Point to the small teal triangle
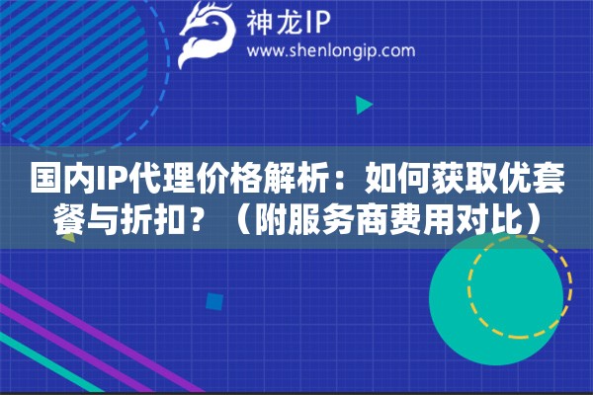[364, 104]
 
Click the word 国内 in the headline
[54, 181]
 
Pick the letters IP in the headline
[101, 181]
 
